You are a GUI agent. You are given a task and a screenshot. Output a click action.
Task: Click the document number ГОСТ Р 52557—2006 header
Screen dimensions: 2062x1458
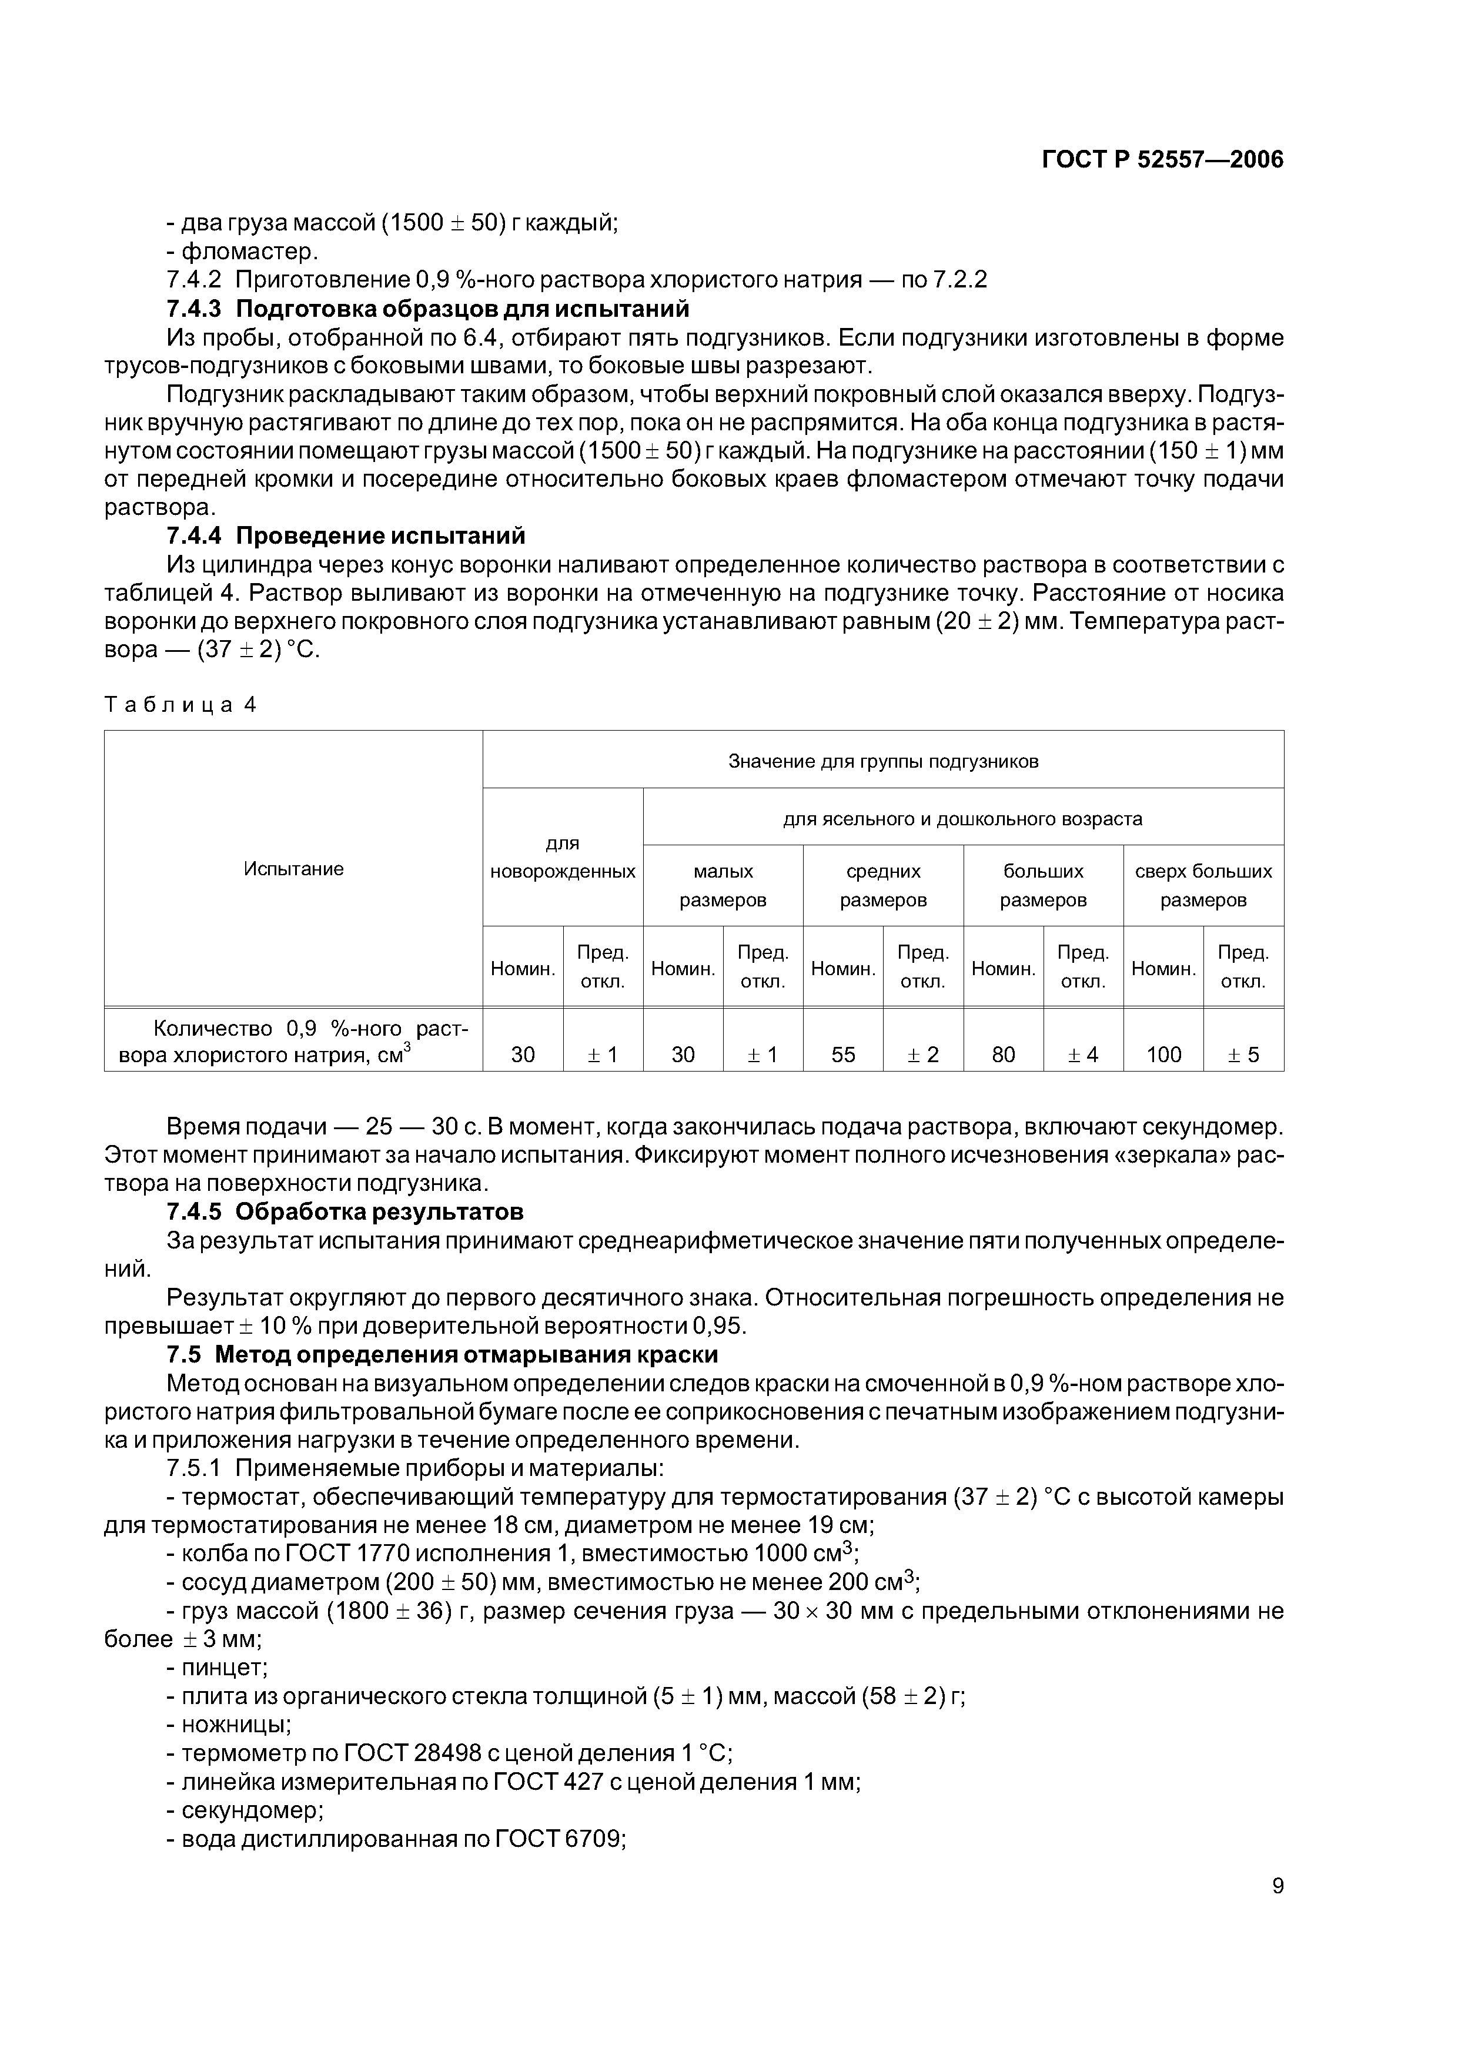tap(1162, 160)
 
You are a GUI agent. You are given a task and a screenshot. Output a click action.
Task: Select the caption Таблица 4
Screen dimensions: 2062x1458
tap(180, 705)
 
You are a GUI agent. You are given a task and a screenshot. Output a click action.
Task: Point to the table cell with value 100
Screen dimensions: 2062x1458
tap(1163, 1055)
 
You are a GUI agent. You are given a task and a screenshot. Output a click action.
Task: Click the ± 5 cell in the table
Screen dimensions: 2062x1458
tap(1243, 1055)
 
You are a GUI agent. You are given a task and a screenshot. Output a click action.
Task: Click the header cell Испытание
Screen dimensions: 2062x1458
tap(294, 868)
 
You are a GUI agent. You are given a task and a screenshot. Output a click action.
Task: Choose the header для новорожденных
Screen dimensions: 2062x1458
tap(563, 857)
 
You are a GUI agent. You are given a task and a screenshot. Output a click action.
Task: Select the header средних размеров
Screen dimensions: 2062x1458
tap(882, 885)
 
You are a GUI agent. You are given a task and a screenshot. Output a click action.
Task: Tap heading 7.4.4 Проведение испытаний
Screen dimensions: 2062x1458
tap(345, 536)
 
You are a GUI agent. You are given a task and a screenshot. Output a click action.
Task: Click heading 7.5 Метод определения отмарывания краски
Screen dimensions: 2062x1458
tap(442, 1354)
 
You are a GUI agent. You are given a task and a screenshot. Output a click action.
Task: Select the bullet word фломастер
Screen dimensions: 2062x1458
tap(249, 252)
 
